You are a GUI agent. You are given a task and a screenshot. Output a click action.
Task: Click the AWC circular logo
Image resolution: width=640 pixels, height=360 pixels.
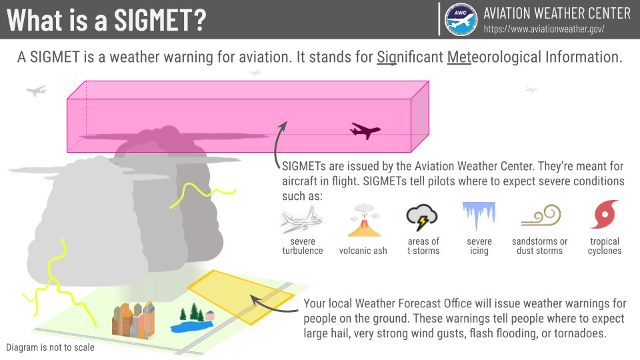pyautogui.click(x=461, y=19)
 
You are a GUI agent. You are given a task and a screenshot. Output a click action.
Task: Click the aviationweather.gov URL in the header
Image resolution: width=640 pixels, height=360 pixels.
pyautogui.click(x=544, y=29)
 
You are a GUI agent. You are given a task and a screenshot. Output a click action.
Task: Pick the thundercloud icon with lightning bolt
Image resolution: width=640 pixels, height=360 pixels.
pyautogui.click(x=422, y=218)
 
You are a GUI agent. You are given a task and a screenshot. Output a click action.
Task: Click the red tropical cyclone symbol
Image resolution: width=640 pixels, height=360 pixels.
pyautogui.click(x=605, y=215)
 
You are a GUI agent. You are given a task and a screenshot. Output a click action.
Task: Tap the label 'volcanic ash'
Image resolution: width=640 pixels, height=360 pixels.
pyautogui.click(x=363, y=251)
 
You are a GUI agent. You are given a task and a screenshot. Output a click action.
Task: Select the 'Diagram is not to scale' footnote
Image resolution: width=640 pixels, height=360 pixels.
pyautogui.click(x=50, y=347)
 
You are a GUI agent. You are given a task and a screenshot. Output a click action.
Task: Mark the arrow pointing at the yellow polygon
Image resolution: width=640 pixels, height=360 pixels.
pyautogui.click(x=273, y=305)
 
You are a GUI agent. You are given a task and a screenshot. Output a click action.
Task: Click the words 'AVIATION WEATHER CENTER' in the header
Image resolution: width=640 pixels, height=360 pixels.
pyautogui.click(x=556, y=13)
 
